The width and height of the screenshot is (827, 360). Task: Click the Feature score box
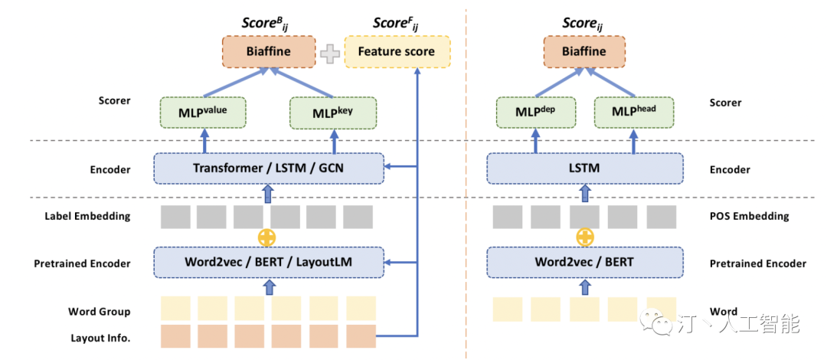[397, 52]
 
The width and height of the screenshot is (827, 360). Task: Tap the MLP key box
[333, 113]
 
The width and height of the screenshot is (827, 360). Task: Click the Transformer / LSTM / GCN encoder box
[269, 169]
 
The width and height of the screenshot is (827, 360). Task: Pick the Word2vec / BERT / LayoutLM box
[269, 262]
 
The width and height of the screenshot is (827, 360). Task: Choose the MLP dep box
[536, 113]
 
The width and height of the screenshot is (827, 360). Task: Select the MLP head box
[634, 113]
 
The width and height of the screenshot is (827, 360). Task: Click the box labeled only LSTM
[584, 169]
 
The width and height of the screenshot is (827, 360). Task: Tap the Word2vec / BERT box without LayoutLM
[584, 262]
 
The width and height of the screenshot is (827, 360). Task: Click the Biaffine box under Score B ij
[269, 52]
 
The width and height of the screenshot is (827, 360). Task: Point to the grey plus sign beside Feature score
[329, 54]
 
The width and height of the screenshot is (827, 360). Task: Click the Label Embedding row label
[87, 216]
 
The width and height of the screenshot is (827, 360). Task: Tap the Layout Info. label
[100, 338]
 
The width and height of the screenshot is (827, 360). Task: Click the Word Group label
[99, 312]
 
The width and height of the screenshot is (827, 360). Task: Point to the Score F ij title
[396, 24]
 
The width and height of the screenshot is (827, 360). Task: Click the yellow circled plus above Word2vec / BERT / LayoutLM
[267, 237]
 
